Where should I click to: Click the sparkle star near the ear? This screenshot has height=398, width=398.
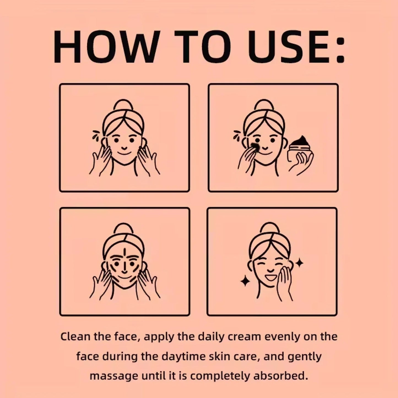tap(299, 263)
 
